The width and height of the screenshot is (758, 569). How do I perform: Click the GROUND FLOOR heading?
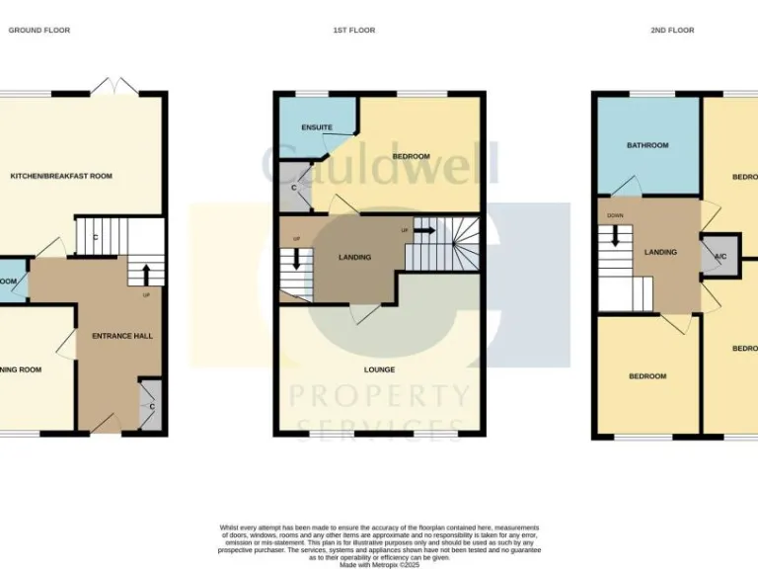pyautogui.click(x=39, y=31)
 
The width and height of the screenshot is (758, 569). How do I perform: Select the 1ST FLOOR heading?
pyautogui.click(x=353, y=31)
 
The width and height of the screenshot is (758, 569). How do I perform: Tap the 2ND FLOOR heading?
pyautogui.click(x=672, y=31)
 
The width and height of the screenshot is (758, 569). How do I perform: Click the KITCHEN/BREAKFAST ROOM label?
pyautogui.click(x=61, y=176)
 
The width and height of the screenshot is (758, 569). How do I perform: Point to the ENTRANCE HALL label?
pyautogui.click(x=122, y=336)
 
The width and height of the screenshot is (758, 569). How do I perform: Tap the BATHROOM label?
pyautogui.click(x=647, y=145)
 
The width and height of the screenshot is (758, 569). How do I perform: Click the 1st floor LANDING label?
pyautogui.click(x=354, y=258)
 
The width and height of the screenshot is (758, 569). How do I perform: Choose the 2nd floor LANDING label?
pyautogui.click(x=660, y=252)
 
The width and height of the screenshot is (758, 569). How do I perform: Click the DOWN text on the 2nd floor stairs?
pyautogui.click(x=615, y=215)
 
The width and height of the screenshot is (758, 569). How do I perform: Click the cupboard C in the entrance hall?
pyautogui.click(x=150, y=407)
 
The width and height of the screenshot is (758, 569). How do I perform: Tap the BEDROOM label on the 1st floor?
pyautogui.click(x=411, y=157)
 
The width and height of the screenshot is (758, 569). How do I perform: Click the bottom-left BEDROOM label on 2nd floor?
pyautogui.click(x=647, y=376)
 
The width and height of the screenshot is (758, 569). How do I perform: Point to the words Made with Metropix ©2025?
pyautogui.click(x=378, y=563)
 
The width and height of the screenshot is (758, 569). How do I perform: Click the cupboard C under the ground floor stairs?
pyautogui.click(x=94, y=237)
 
